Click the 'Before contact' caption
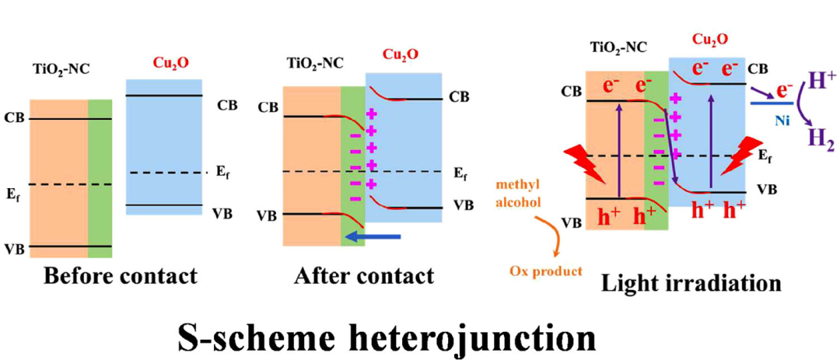[x=120, y=276]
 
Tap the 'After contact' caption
[x=364, y=276]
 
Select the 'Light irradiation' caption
[x=691, y=284]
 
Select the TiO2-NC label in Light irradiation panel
[x=611, y=48]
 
